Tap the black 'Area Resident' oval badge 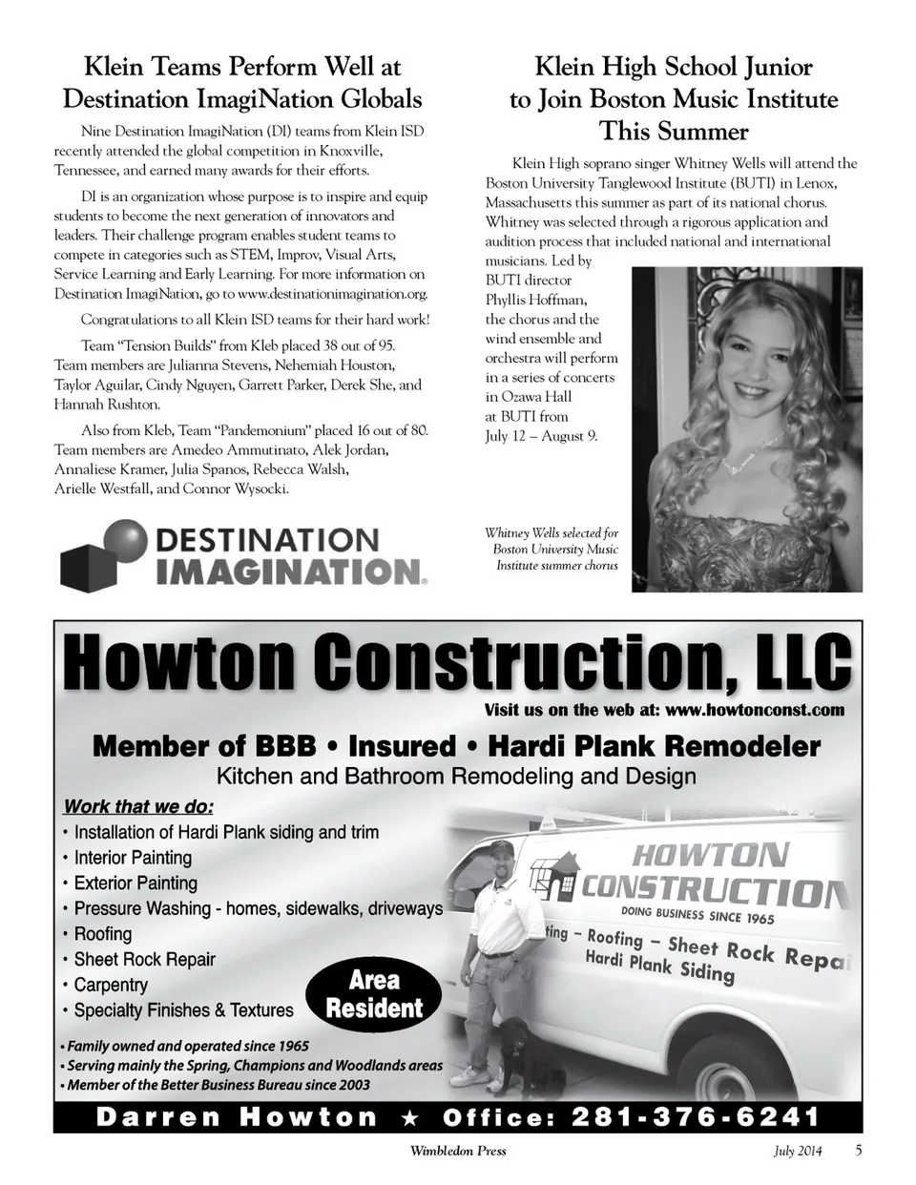(374, 994)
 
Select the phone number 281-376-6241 (696, 1117)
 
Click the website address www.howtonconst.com (755, 710)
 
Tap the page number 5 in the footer (859, 1150)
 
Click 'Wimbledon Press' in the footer (458, 1151)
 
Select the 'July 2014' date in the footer (798, 1151)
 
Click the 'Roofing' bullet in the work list (103, 934)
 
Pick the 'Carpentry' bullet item (111, 985)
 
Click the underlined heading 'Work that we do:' (138, 806)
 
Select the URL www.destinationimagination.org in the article (332, 294)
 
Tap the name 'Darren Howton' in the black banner (237, 1117)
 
